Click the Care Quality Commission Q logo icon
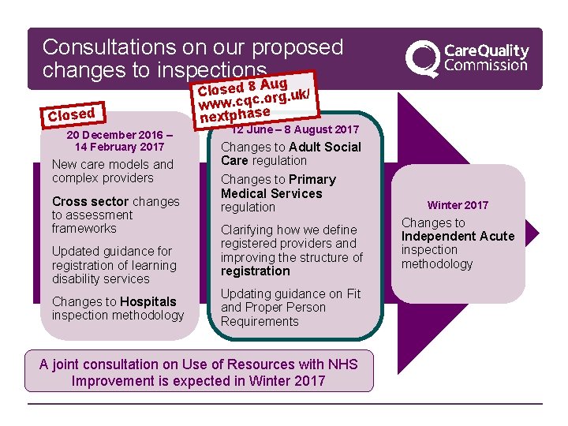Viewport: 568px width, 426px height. click(423, 58)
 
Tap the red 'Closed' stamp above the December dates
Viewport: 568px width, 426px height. click(71, 114)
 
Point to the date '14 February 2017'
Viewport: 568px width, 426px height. click(119, 147)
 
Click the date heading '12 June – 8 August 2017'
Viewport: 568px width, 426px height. click(296, 129)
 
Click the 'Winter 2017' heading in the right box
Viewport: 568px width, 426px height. click(458, 205)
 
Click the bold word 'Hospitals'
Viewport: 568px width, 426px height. click(148, 301)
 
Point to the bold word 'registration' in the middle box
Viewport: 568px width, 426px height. click(256, 271)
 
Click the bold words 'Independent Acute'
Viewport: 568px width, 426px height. click(458, 236)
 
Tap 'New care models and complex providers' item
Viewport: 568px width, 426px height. click(112, 171)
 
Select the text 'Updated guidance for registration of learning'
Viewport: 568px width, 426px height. click(114, 259)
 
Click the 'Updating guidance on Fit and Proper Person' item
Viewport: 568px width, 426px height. click(290, 301)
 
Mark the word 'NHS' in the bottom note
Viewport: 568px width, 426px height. click(343, 364)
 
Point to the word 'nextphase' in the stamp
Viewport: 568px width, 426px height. click(235, 115)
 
